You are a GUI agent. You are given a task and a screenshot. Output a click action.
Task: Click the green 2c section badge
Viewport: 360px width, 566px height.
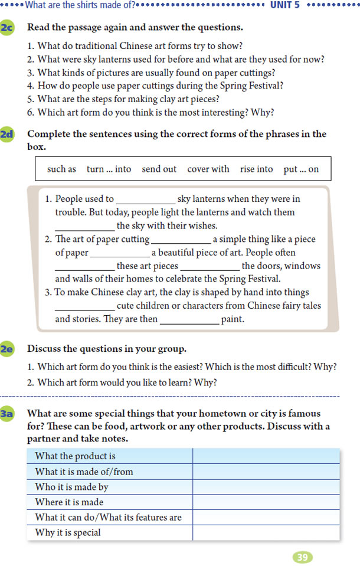8,28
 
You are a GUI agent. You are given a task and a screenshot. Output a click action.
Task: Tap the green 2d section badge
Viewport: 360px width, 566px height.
8,135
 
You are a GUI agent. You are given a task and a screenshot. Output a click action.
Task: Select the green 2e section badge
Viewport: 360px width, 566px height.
8,349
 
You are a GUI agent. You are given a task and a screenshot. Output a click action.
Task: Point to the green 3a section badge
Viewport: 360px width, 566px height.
8,414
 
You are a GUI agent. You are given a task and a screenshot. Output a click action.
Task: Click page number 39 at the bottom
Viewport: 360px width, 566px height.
302,557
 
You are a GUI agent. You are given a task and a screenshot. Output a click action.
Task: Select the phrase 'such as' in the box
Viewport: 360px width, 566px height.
61,169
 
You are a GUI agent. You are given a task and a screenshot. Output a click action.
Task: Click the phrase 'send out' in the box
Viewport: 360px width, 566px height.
159,169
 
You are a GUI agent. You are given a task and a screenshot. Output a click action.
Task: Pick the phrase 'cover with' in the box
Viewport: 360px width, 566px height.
208,169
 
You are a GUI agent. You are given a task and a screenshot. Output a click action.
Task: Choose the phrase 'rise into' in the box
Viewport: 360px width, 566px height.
256,169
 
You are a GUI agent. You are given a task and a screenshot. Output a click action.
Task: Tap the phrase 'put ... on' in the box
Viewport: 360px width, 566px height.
301,169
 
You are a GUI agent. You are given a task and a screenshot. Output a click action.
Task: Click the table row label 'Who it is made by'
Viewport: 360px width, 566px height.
71,487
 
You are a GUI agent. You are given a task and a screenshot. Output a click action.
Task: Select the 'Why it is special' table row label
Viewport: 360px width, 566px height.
68,532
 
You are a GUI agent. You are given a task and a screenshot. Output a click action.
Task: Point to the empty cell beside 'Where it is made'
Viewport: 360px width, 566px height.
266,502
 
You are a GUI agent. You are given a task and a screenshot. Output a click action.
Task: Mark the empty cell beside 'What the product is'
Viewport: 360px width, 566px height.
266,456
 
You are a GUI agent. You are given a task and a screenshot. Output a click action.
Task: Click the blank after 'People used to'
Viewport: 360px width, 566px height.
145,201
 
